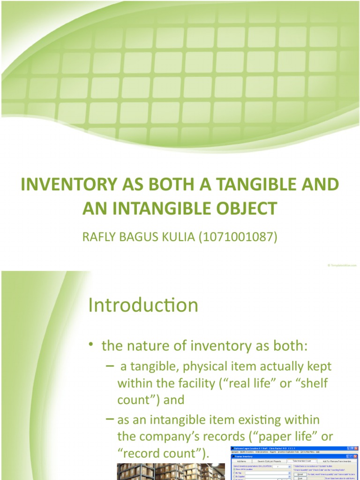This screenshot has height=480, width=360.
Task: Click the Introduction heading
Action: [x=143, y=305]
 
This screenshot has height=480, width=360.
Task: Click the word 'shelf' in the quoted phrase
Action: [x=313, y=383]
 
